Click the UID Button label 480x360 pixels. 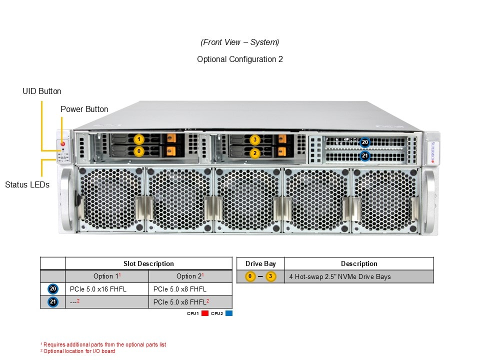(42, 91)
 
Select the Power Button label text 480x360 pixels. (84, 109)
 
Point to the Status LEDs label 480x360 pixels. (27, 184)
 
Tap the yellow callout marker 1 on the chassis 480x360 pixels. (139, 139)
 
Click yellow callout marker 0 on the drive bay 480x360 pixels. (139, 150)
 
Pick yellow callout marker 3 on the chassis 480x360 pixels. (255, 139)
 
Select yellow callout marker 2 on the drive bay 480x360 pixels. (255, 152)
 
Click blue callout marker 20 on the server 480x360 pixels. (365, 142)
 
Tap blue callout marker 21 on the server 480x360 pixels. (365, 155)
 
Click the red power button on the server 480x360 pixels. (62, 144)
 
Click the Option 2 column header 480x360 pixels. (190, 276)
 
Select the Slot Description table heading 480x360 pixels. (148, 263)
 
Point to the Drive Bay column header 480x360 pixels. (260, 263)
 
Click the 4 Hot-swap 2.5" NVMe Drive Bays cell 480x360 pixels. (340, 276)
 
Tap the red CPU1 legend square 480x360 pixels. (205, 313)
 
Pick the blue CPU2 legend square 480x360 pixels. (229, 313)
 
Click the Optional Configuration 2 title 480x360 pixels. (240, 59)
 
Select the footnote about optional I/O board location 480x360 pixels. (78, 351)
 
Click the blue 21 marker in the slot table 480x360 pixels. (53, 301)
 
